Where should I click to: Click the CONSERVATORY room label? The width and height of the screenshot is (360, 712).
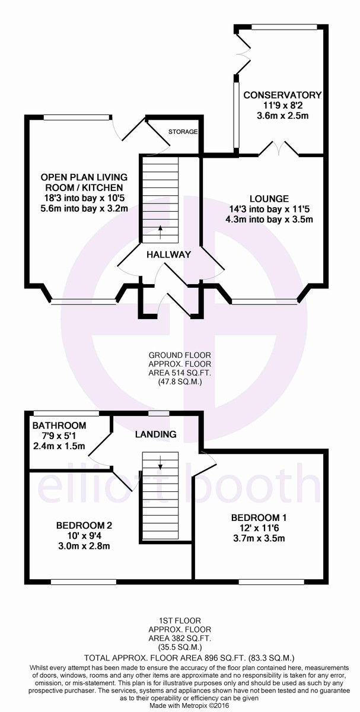tap(282, 95)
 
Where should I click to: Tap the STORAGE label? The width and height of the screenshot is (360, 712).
tap(182, 131)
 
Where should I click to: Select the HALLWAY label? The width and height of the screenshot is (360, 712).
tap(169, 255)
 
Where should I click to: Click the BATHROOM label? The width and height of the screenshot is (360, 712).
tap(59, 425)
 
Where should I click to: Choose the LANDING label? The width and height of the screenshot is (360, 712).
tap(156, 434)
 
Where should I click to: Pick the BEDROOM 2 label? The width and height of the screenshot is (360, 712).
tap(84, 525)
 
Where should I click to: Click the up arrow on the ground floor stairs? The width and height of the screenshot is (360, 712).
tap(160, 231)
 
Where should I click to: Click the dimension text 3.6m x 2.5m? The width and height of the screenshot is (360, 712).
tap(282, 116)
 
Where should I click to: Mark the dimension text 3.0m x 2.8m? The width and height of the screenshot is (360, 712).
tap(84, 546)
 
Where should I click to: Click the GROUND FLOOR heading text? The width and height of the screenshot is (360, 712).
tap(180, 355)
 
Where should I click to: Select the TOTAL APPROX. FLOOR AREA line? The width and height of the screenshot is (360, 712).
tap(180, 657)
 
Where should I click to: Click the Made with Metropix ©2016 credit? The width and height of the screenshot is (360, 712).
tap(180, 705)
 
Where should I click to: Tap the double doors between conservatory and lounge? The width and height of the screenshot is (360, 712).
tap(279, 148)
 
